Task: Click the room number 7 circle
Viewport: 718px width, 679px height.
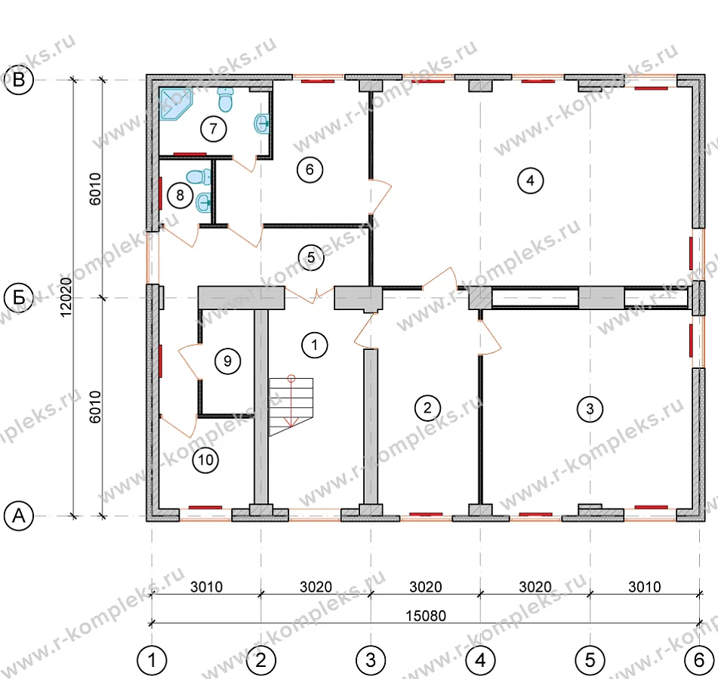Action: coord(214,128)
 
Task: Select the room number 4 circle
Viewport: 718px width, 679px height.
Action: coord(530,180)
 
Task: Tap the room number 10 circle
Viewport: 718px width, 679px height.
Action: coord(205,459)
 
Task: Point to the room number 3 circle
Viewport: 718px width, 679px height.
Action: coord(590,408)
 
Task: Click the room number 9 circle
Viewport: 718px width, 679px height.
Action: coord(227,361)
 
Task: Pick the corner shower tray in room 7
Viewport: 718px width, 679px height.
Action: coord(174,104)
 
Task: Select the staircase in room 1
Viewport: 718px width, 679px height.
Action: coord(291,407)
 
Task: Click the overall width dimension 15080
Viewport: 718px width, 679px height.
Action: coord(425,616)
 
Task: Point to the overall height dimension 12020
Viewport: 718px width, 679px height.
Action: coord(66,297)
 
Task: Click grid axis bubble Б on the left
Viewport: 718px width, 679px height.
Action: coord(19,297)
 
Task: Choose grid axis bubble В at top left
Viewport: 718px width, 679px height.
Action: coord(19,80)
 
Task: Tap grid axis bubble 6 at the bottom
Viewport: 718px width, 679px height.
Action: coord(699,660)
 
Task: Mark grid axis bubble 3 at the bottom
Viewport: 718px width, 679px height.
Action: coord(371,660)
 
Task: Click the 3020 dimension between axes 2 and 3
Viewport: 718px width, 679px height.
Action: coord(316,586)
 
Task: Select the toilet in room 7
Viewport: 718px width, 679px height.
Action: coord(225,100)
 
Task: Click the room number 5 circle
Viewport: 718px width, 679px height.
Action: coord(311,257)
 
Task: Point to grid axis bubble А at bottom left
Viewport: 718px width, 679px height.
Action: coord(19,515)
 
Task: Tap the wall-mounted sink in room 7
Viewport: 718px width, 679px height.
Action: coord(262,123)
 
